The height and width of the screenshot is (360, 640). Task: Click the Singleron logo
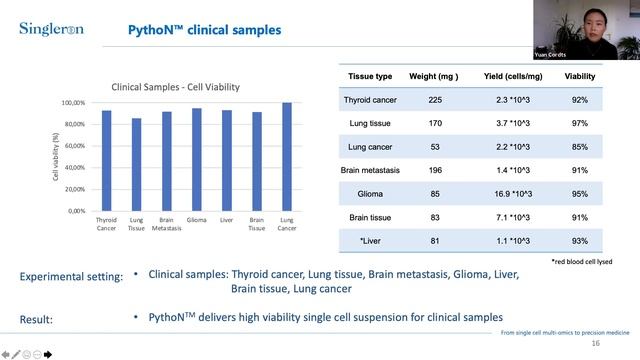click(51, 29)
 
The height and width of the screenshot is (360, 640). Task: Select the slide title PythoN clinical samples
click(204, 30)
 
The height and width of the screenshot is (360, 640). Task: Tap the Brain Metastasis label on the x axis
click(166, 222)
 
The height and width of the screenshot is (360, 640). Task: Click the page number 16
click(596, 343)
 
